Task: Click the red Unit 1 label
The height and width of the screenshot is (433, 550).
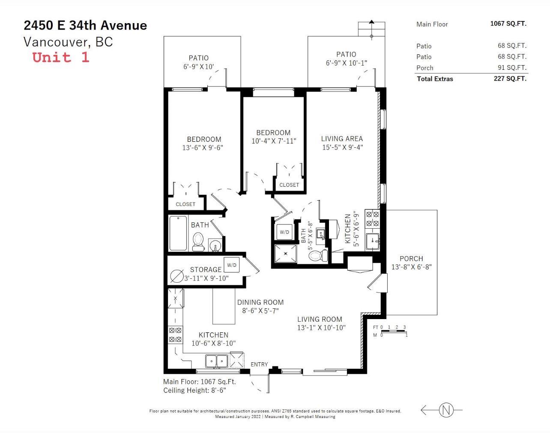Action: (x=61, y=57)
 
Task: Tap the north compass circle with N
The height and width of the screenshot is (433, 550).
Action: (x=446, y=410)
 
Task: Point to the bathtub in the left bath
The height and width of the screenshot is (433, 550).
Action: (x=178, y=233)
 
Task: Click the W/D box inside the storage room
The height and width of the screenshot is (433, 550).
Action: (x=232, y=265)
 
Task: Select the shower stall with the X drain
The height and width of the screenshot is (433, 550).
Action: (x=285, y=254)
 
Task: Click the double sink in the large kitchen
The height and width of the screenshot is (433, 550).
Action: (x=216, y=361)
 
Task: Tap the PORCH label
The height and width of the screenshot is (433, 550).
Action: (x=411, y=258)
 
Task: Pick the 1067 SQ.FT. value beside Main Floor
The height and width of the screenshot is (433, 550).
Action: (x=508, y=24)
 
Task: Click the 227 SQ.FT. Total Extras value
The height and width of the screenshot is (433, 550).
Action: (x=510, y=78)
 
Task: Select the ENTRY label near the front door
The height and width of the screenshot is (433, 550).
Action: (x=259, y=364)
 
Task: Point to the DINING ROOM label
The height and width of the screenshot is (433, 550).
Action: (x=260, y=302)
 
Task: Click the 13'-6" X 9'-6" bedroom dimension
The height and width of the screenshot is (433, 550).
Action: (x=203, y=148)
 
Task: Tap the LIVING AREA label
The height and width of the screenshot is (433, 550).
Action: (x=342, y=138)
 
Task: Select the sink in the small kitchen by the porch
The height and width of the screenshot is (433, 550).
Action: (x=372, y=241)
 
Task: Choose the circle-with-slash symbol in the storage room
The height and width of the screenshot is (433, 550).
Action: (x=177, y=276)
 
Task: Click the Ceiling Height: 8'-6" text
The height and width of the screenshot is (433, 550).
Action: (x=195, y=390)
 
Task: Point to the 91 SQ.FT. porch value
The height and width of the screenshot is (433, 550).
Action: (x=512, y=68)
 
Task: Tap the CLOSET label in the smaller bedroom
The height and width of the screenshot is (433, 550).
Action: (x=289, y=185)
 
